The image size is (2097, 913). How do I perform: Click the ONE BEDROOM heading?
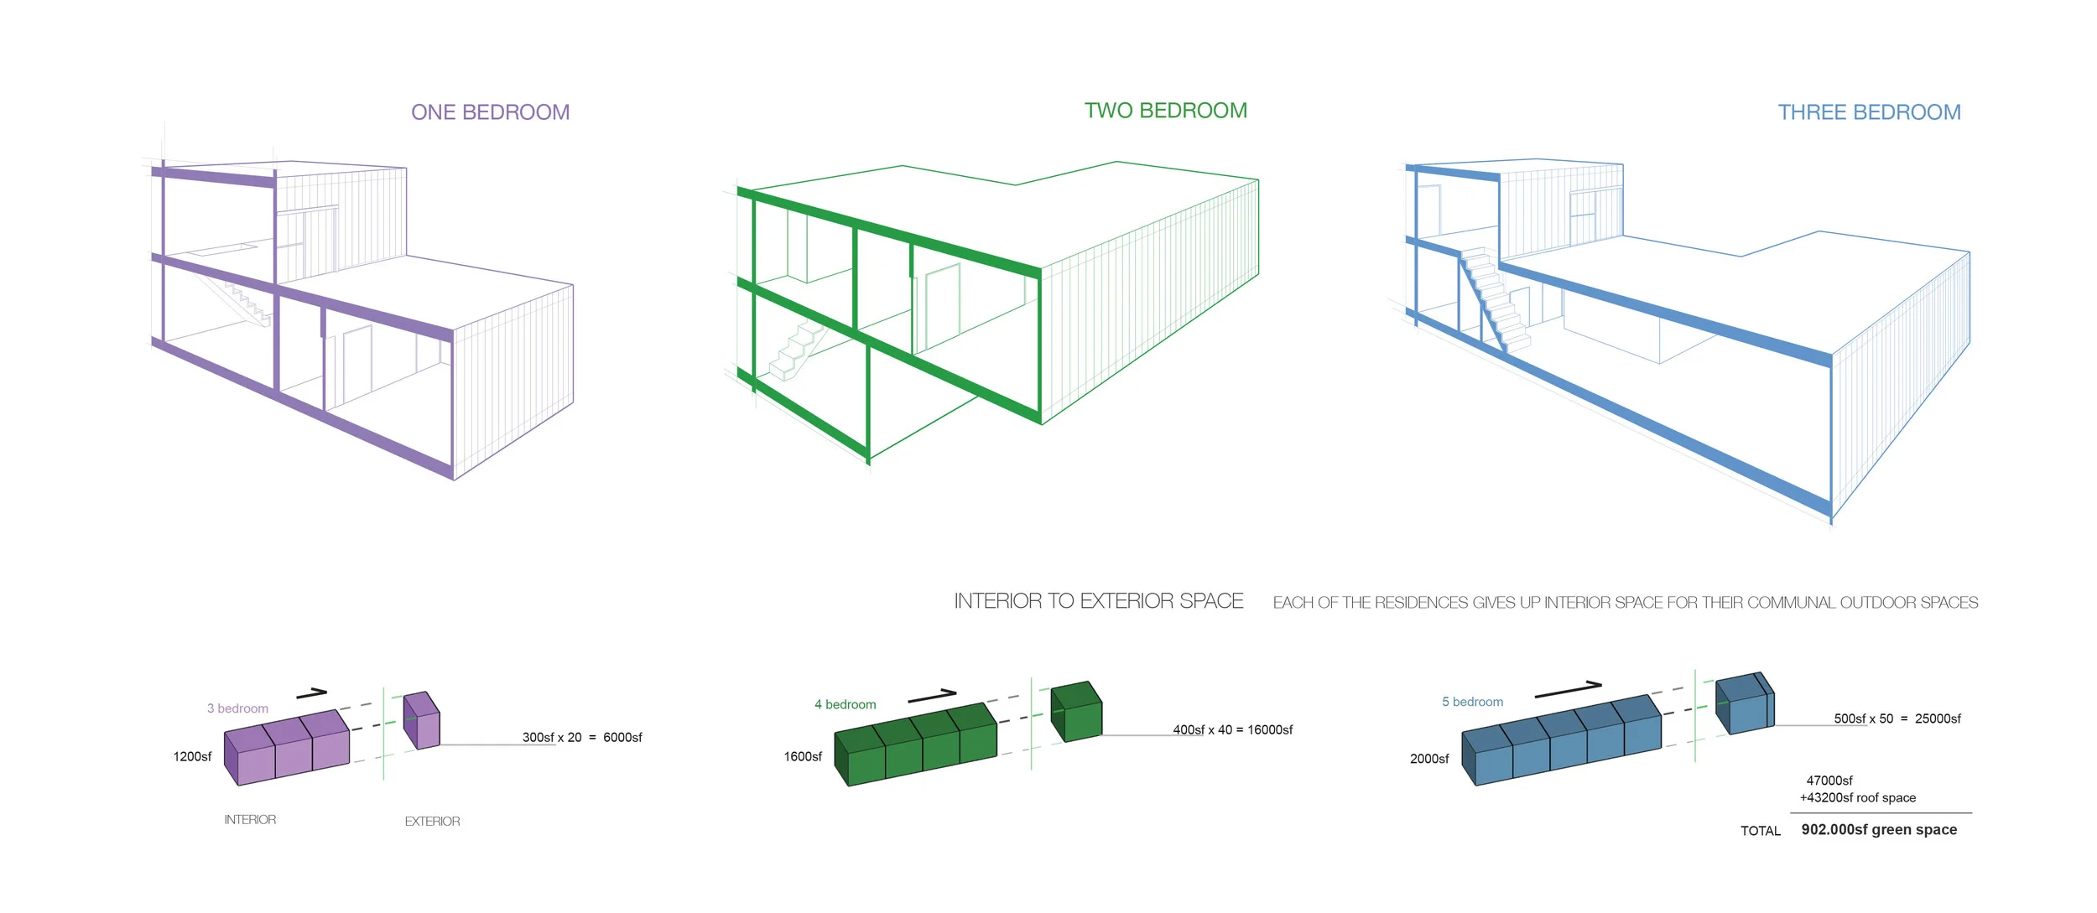click(x=490, y=112)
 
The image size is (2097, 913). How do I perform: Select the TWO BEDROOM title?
click(x=1165, y=111)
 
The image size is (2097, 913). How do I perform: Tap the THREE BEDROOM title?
click(x=1869, y=112)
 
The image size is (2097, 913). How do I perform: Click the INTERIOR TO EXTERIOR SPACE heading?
click(x=1098, y=601)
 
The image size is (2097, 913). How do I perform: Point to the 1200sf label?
click(x=192, y=756)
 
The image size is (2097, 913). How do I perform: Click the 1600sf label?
click(x=803, y=756)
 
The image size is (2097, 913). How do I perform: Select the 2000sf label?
click(x=1429, y=759)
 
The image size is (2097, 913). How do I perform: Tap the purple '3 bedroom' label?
click(x=237, y=708)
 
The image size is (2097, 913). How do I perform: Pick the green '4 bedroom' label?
click(x=845, y=704)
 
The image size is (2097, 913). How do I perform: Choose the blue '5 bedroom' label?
click(x=1472, y=702)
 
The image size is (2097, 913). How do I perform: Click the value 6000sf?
click(x=622, y=738)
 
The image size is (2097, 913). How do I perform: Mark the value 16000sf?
click(x=1270, y=730)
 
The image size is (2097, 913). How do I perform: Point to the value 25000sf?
click(x=1938, y=718)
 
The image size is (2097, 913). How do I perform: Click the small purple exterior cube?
click(x=422, y=721)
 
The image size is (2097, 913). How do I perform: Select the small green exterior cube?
click(x=1076, y=712)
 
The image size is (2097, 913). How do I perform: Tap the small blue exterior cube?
click(x=1745, y=703)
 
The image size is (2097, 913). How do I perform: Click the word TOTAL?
click(x=1760, y=831)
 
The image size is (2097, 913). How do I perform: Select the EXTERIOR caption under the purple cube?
click(x=432, y=822)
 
